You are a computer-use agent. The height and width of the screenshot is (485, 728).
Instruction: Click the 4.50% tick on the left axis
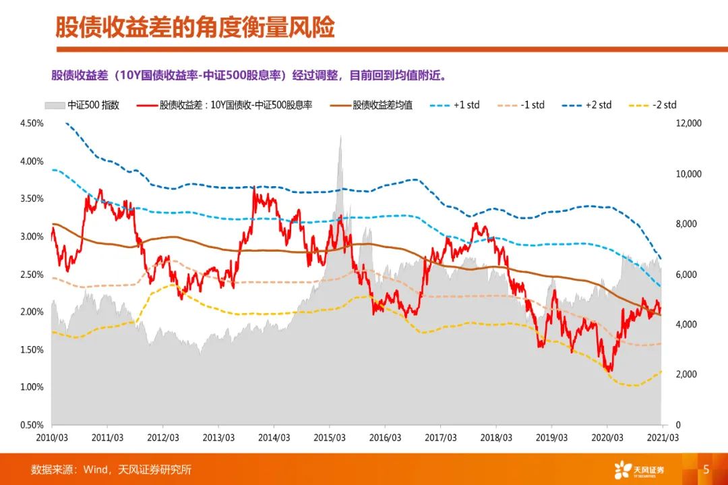pos(32,123)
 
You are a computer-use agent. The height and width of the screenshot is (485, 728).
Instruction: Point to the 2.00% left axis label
pos(32,312)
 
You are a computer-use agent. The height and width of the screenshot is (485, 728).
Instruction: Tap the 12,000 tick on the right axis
pos(688,123)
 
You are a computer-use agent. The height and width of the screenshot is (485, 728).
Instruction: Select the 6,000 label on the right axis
pos(686,275)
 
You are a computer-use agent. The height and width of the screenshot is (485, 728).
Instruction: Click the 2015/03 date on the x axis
pos(330,438)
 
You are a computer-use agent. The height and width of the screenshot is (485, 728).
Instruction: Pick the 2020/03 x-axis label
pos(607,438)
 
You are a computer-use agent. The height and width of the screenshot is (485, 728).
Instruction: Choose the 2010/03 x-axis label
pos(52,438)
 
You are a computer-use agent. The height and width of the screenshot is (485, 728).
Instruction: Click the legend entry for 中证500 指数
pos(82,105)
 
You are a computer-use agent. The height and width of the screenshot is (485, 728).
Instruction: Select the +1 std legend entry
pos(455,105)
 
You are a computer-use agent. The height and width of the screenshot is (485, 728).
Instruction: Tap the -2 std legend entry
pos(653,105)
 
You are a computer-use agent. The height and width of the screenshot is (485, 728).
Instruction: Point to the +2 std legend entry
pos(586,105)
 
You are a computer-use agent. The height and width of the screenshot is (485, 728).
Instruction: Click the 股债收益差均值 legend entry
pos(371,105)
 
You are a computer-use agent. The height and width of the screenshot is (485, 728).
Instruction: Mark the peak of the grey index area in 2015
pos(341,136)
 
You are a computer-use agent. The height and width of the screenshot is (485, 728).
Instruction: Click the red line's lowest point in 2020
pos(610,371)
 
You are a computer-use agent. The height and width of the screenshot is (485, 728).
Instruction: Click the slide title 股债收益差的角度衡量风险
pos(195,28)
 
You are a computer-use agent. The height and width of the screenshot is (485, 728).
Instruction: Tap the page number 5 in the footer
pos(706,469)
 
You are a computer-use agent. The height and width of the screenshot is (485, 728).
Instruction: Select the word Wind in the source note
pos(95,469)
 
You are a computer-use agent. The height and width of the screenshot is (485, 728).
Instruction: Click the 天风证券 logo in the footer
pos(639,469)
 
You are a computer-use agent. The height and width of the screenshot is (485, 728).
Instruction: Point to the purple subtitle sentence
pos(249,76)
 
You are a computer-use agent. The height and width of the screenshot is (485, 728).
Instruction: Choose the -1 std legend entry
pos(520,105)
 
